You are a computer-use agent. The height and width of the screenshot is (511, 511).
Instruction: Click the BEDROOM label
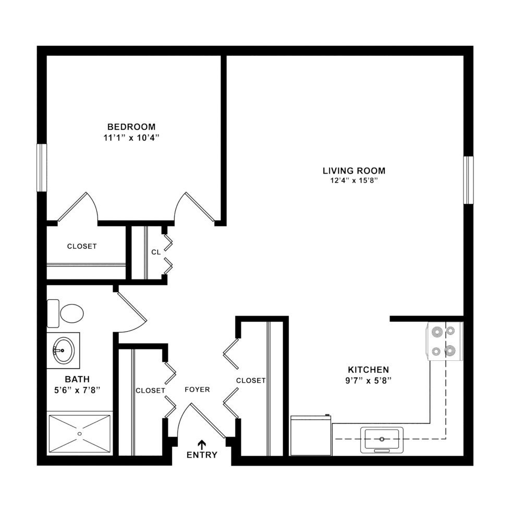click(131, 127)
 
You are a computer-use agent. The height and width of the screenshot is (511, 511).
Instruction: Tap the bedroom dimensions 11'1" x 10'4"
click(131, 138)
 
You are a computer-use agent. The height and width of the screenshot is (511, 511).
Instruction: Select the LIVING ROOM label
click(354, 171)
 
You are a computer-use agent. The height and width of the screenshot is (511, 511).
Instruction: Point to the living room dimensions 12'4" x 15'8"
click(354, 181)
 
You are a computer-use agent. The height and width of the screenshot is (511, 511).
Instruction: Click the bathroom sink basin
click(64, 348)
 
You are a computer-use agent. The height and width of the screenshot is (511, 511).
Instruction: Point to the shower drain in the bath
click(80, 433)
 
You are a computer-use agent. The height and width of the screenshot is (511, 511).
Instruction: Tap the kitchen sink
click(382, 438)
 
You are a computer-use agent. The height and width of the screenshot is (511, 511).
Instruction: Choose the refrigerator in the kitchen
click(311, 435)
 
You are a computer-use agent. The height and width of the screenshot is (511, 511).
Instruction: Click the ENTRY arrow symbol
click(202, 444)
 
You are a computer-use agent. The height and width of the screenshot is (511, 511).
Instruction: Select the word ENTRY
click(202, 455)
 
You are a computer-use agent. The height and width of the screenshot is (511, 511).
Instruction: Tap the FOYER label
click(197, 390)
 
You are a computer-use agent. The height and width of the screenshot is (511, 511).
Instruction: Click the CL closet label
click(155, 252)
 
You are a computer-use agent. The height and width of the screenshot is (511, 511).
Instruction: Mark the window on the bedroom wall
click(42, 167)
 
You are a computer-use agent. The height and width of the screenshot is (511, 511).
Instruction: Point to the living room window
click(469, 180)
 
